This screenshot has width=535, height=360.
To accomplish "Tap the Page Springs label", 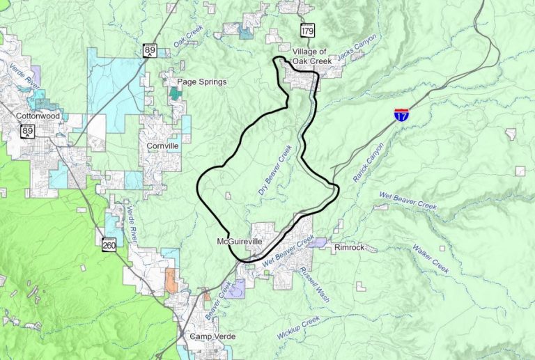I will point(202,81).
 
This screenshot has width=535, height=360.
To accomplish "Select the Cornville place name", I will point(163,146).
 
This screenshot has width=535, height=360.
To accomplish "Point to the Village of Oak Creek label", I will point(309,56).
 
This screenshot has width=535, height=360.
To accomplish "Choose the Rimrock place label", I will point(349,247).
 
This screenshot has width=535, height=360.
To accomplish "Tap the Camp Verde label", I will point(213,336).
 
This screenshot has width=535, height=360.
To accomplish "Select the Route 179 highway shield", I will point(307,30).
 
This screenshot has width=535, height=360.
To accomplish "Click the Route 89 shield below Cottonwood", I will point(28,131).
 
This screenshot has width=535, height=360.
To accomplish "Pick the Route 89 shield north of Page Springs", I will point(150,50).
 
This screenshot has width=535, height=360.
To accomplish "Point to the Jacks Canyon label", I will point(357,49).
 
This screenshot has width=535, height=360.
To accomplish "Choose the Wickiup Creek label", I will point(298,328).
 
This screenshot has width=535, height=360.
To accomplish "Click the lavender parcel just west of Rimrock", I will point(318,243).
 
